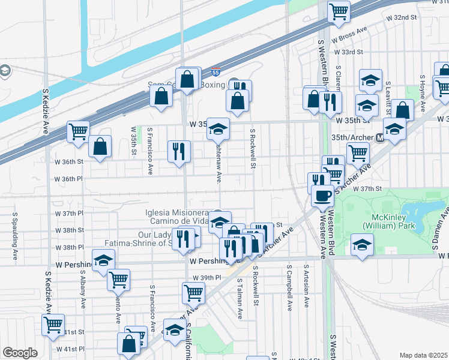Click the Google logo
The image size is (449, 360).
[x=20, y=352]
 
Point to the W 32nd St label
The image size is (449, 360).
[x=402, y=17]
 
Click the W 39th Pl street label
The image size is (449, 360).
[x=207, y=278]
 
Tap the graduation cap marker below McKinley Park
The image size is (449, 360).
[x=363, y=245]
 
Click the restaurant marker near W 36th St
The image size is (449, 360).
[x=178, y=152]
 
